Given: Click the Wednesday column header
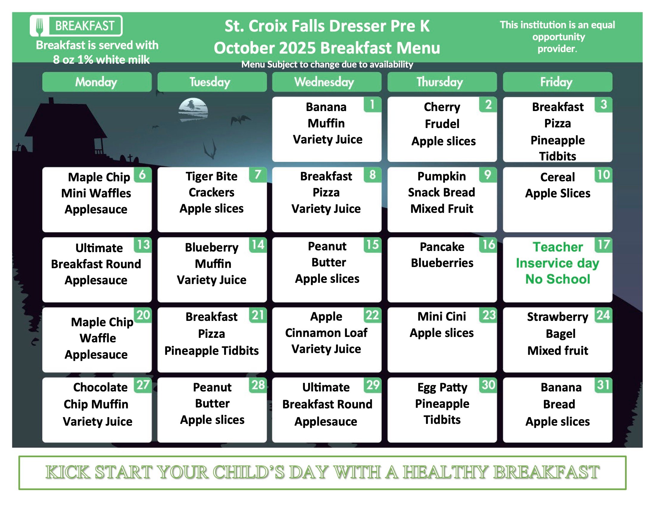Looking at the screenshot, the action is [327, 82].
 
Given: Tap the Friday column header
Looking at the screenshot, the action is [558, 82].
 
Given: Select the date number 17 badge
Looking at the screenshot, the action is [603, 245].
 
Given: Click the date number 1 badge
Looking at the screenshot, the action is [372, 104].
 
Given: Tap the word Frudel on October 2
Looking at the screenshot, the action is [442, 124].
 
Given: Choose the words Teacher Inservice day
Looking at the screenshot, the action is [558, 255].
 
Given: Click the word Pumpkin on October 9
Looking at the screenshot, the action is [442, 177].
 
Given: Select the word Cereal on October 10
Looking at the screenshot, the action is [558, 177].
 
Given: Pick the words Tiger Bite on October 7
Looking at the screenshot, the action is [211, 176].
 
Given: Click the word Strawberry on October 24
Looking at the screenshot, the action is [558, 317].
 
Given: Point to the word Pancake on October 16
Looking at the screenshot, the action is [442, 247].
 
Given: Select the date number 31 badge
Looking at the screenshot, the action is [603, 385].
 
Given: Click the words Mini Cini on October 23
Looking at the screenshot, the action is [442, 316].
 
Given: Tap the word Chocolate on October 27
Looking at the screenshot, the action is [100, 387].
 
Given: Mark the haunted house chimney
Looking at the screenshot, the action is [51, 101].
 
